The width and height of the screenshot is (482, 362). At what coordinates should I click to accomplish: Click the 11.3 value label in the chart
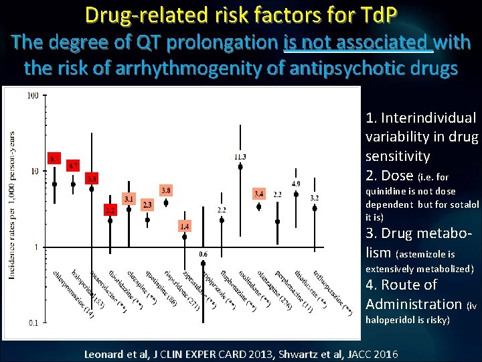[x=240, y=157]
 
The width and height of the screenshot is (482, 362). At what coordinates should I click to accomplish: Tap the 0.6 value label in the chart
[x=204, y=254]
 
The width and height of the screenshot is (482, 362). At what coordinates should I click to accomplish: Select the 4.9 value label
[x=295, y=184]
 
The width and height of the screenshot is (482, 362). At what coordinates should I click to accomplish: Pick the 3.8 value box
[x=166, y=190]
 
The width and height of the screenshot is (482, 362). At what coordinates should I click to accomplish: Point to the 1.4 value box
[x=185, y=227]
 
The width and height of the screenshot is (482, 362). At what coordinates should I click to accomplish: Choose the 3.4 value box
[x=258, y=194]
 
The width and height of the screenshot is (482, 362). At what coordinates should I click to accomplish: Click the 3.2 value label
[x=315, y=198]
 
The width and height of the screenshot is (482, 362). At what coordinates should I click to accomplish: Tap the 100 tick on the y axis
[x=32, y=95]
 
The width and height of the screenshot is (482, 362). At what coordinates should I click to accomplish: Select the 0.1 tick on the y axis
[x=33, y=323]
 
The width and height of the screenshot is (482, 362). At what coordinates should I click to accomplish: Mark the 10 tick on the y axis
[x=33, y=171]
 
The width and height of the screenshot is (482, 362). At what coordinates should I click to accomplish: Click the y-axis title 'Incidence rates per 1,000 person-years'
[x=11, y=204]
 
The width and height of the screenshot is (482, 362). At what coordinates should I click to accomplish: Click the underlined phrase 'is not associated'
[x=358, y=44]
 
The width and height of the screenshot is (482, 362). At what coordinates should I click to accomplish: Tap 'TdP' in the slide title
[x=378, y=13]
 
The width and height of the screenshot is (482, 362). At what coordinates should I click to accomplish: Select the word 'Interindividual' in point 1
[x=429, y=118]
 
